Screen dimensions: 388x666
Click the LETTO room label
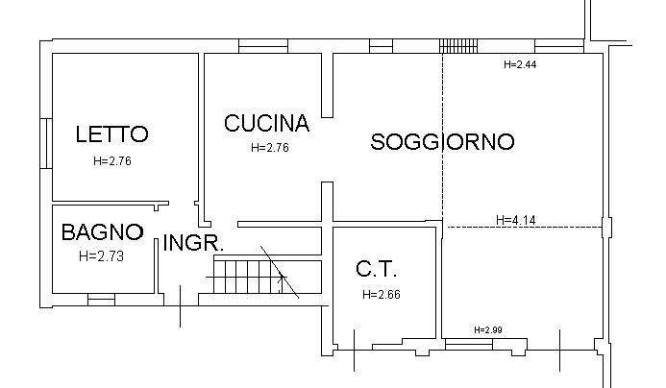tap(111, 134)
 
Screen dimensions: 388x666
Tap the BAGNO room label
tap(102, 232)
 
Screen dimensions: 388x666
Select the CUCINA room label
tap(266, 124)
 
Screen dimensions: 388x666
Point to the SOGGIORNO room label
tap(442, 142)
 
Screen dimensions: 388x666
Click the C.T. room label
tap(376, 269)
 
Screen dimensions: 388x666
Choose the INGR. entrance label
tap(193, 243)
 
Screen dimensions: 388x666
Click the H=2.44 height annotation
tap(520, 64)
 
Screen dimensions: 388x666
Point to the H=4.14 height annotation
tap(515, 220)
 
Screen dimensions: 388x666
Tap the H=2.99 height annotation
tap(488, 330)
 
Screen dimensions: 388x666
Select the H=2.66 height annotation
tap(382, 295)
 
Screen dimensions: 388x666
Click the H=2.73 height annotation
tap(102, 255)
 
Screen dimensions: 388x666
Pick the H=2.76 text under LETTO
tap(112, 161)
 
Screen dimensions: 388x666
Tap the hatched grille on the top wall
tap(458, 45)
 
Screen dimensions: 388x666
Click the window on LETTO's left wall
tap(44, 143)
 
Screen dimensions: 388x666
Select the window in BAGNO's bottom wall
tap(101, 300)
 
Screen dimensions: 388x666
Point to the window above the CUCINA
tap(263, 45)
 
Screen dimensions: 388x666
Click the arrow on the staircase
tap(281, 281)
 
